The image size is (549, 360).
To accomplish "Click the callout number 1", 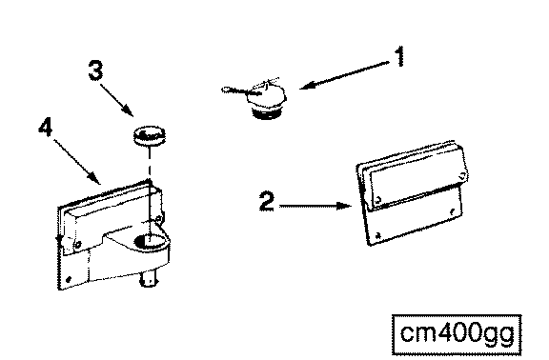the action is [400, 57].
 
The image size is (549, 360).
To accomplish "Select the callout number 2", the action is [267, 201].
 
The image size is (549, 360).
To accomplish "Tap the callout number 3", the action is [96, 70].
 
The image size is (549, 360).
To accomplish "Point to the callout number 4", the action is [46, 127].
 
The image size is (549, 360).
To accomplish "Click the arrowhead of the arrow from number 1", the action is [306, 86].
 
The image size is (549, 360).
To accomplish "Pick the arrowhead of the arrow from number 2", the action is [344, 206].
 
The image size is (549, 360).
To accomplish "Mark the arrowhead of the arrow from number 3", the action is [129, 110].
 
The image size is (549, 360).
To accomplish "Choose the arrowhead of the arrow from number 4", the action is [95, 178].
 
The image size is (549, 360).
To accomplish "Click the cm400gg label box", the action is [457, 335].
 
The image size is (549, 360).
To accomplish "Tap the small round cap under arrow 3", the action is [149, 136].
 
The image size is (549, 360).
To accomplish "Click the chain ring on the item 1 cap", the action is [226, 90].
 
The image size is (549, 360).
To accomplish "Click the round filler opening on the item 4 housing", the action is [151, 241].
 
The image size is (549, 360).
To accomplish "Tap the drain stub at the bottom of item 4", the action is [149, 280].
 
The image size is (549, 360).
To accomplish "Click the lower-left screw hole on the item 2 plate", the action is [378, 236].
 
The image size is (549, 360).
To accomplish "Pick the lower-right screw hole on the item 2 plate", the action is [453, 211].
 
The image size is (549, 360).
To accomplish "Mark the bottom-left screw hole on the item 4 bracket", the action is [69, 279].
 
